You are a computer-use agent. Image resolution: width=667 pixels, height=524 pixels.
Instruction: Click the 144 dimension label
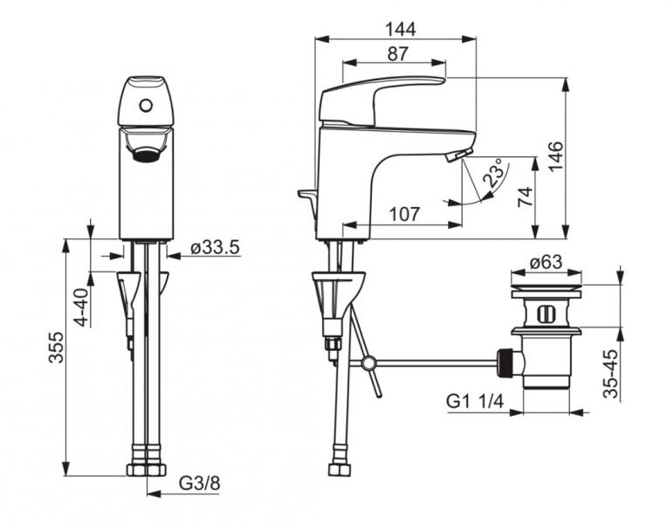point(400,30)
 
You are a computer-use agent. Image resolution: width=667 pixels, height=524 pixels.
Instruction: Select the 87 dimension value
point(398,54)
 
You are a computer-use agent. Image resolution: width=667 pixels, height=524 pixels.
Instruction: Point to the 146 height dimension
point(555,156)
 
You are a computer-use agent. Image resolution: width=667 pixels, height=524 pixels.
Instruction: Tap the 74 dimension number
point(526,196)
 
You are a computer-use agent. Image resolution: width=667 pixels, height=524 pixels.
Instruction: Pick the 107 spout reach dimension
point(404,214)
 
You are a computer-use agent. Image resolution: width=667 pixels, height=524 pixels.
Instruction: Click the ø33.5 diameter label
point(215,247)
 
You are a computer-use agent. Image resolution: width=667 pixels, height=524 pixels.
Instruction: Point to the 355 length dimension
point(56,348)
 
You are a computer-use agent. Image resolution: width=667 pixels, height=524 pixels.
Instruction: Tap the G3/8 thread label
point(200,483)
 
